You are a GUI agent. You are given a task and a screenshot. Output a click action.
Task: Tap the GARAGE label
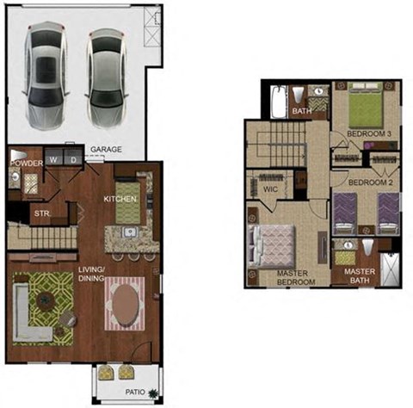pyautogui.click(x=107, y=149)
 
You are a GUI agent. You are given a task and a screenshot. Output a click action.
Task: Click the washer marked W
pyautogui.click(x=54, y=159)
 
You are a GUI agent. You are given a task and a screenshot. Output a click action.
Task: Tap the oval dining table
pyautogui.click(x=126, y=304)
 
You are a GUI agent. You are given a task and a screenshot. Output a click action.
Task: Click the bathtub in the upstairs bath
pyautogui.click(x=277, y=102)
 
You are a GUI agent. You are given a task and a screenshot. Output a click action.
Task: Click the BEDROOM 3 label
pyautogui.click(x=372, y=135)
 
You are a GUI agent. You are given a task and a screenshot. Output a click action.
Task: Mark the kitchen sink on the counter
pyautogui.click(x=128, y=232)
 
